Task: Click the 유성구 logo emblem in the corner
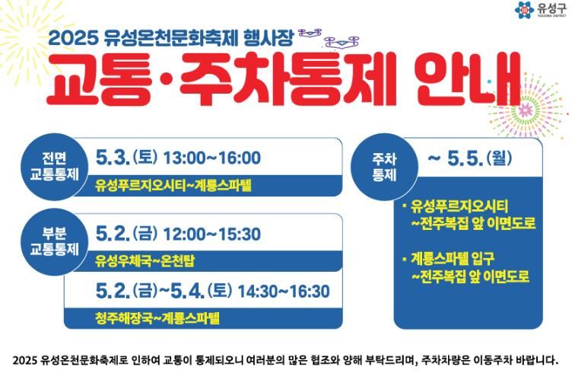click(x=524, y=10)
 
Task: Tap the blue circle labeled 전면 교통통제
click(x=54, y=167)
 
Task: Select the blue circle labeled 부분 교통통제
click(x=54, y=242)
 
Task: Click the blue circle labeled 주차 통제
click(x=384, y=167)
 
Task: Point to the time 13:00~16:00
click(x=212, y=158)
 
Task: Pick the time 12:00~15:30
click(x=212, y=234)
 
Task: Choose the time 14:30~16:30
click(x=284, y=292)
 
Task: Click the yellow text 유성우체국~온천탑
click(x=145, y=261)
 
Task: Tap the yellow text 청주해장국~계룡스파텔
click(x=157, y=317)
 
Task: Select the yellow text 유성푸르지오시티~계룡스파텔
click(x=173, y=185)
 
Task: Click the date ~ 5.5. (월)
click(x=470, y=158)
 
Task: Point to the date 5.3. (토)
click(x=126, y=158)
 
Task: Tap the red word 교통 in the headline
click(x=99, y=80)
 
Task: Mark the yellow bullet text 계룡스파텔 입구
click(x=453, y=259)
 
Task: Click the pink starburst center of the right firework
click(x=526, y=109)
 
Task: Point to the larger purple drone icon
click(x=342, y=41)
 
